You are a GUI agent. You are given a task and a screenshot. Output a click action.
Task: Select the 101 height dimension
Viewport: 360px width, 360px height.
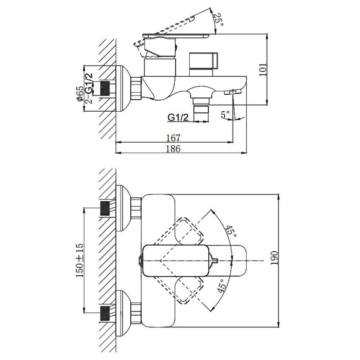coord(263,70)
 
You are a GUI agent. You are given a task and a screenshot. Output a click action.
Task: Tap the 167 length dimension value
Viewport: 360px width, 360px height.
coord(173,138)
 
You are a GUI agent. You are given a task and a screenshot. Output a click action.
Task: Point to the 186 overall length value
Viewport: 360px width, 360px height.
coord(173,149)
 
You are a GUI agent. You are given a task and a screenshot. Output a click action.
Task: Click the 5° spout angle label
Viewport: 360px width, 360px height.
coord(225,114)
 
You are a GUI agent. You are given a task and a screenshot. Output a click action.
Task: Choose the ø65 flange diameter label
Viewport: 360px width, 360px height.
coord(80,93)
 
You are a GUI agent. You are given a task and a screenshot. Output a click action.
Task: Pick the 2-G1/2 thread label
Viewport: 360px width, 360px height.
coord(89,88)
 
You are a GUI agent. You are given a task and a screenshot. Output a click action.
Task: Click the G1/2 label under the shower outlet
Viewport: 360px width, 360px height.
coord(178,117)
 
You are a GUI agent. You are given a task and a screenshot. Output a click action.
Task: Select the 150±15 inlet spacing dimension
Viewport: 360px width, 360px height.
coord(80,260)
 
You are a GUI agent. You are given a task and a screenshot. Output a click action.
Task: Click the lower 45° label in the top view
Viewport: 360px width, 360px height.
coord(221,286)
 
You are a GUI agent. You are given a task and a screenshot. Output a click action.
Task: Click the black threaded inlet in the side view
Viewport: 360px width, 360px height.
coord(105,88)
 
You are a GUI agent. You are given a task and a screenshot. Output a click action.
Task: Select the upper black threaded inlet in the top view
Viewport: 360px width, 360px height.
coord(105,208)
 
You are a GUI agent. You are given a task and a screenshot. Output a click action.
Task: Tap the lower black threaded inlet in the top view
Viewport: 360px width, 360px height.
coord(105,313)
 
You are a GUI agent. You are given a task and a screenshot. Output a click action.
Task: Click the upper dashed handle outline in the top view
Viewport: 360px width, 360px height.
coord(179,232)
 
